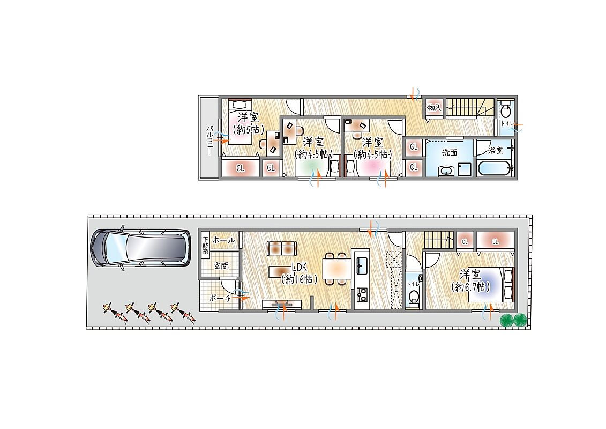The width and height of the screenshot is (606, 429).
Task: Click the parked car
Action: (x=140, y=248)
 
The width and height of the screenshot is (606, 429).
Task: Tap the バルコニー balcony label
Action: (x=209, y=140)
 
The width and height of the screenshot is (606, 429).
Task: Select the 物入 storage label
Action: (x=433, y=107)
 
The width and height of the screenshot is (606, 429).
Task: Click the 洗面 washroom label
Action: (x=450, y=152)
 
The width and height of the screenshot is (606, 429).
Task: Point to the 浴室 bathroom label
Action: (x=495, y=150)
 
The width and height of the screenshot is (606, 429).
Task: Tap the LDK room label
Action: (x=299, y=267)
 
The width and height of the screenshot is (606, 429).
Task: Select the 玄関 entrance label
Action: (x=221, y=266)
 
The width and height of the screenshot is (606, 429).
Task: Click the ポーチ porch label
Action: (x=220, y=298)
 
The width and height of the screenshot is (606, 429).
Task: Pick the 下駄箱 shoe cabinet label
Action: (x=206, y=245)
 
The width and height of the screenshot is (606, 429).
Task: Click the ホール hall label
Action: (x=223, y=240)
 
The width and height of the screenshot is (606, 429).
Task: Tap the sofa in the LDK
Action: (x=282, y=248)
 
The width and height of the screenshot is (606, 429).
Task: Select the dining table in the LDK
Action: (x=337, y=269)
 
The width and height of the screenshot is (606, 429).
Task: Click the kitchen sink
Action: (x=362, y=265)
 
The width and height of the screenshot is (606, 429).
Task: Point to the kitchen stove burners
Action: (x=362, y=295)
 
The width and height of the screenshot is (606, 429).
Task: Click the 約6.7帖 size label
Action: (x=471, y=287)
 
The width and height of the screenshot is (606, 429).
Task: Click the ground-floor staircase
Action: (x=439, y=240)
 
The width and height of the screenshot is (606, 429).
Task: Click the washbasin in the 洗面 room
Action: (x=447, y=171)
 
